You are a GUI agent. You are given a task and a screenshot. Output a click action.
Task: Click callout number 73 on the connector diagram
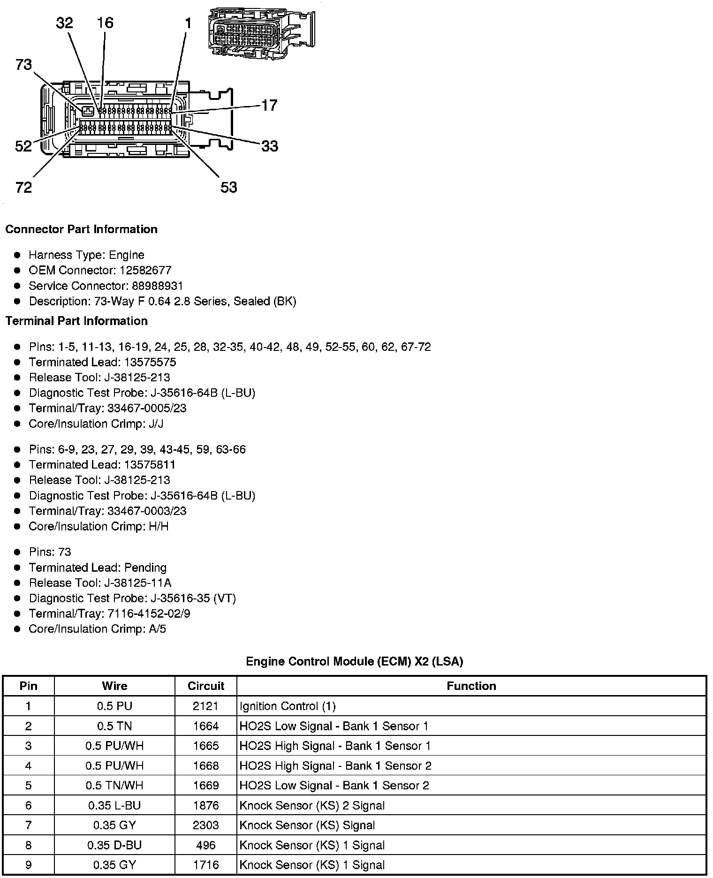[x=23, y=64]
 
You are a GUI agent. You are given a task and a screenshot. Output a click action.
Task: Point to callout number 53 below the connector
[x=228, y=188]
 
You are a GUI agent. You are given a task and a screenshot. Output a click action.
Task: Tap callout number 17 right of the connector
[x=269, y=105]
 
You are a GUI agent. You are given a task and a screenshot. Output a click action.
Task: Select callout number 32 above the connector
[x=64, y=23]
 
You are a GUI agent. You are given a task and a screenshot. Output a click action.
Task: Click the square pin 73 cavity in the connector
[x=88, y=111]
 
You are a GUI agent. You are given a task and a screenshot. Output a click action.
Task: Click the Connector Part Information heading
[x=81, y=229]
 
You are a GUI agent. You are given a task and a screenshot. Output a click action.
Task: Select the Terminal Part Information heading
[x=76, y=321]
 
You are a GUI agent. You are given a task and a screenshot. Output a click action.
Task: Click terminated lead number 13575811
[x=150, y=465]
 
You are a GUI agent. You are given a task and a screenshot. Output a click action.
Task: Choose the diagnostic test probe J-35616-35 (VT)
[x=193, y=598]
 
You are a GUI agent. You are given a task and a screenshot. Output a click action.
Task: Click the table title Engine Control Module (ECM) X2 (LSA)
[x=354, y=661]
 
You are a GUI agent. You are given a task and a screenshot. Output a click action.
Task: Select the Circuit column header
[x=206, y=686]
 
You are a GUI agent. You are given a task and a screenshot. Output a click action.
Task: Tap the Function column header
[x=471, y=686]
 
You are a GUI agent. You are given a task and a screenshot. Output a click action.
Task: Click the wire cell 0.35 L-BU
[x=114, y=806]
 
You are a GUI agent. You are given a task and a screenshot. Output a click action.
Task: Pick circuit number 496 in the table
[x=206, y=845]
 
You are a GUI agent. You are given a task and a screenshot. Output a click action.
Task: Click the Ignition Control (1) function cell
[x=287, y=706]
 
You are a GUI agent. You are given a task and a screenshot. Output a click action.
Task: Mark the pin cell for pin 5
[x=29, y=786]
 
